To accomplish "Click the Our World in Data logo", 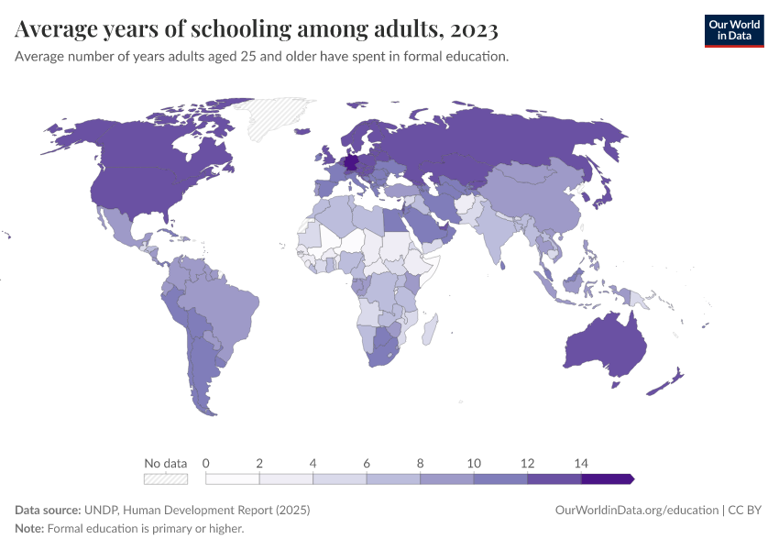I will (x=733, y=30).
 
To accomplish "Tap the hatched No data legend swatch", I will (x=166, y=478).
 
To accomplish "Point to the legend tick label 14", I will (x=581, y=463).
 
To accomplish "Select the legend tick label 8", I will (x=421, y=463).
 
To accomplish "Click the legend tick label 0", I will (x=206, y=463).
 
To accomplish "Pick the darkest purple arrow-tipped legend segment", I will (x=607, y=478).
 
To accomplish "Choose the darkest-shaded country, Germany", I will (x=352, y=165).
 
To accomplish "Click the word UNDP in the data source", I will (x=103, y=510).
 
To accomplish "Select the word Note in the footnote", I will (x=28, y=528).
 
